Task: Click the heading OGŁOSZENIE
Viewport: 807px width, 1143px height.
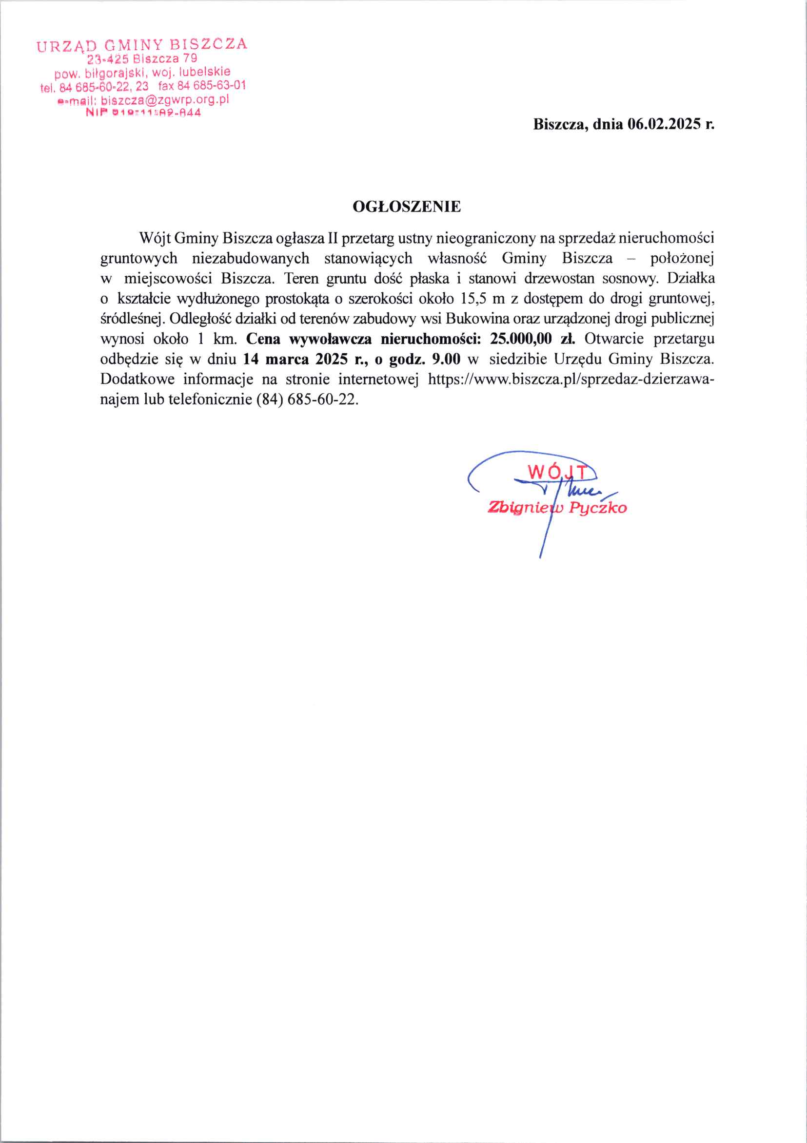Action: pos(407,207)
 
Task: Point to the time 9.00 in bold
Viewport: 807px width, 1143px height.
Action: pos(446,359)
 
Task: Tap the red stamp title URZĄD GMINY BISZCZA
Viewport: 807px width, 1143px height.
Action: pos(141,45)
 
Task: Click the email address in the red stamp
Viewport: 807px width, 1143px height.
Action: pos(164,99)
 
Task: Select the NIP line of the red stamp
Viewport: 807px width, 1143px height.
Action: pos(143,113)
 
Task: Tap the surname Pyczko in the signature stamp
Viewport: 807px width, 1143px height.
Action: pos(598,508)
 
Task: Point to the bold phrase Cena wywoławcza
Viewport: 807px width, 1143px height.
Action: pos(309,339)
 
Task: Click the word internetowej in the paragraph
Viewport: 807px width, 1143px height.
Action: pos(378,380)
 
